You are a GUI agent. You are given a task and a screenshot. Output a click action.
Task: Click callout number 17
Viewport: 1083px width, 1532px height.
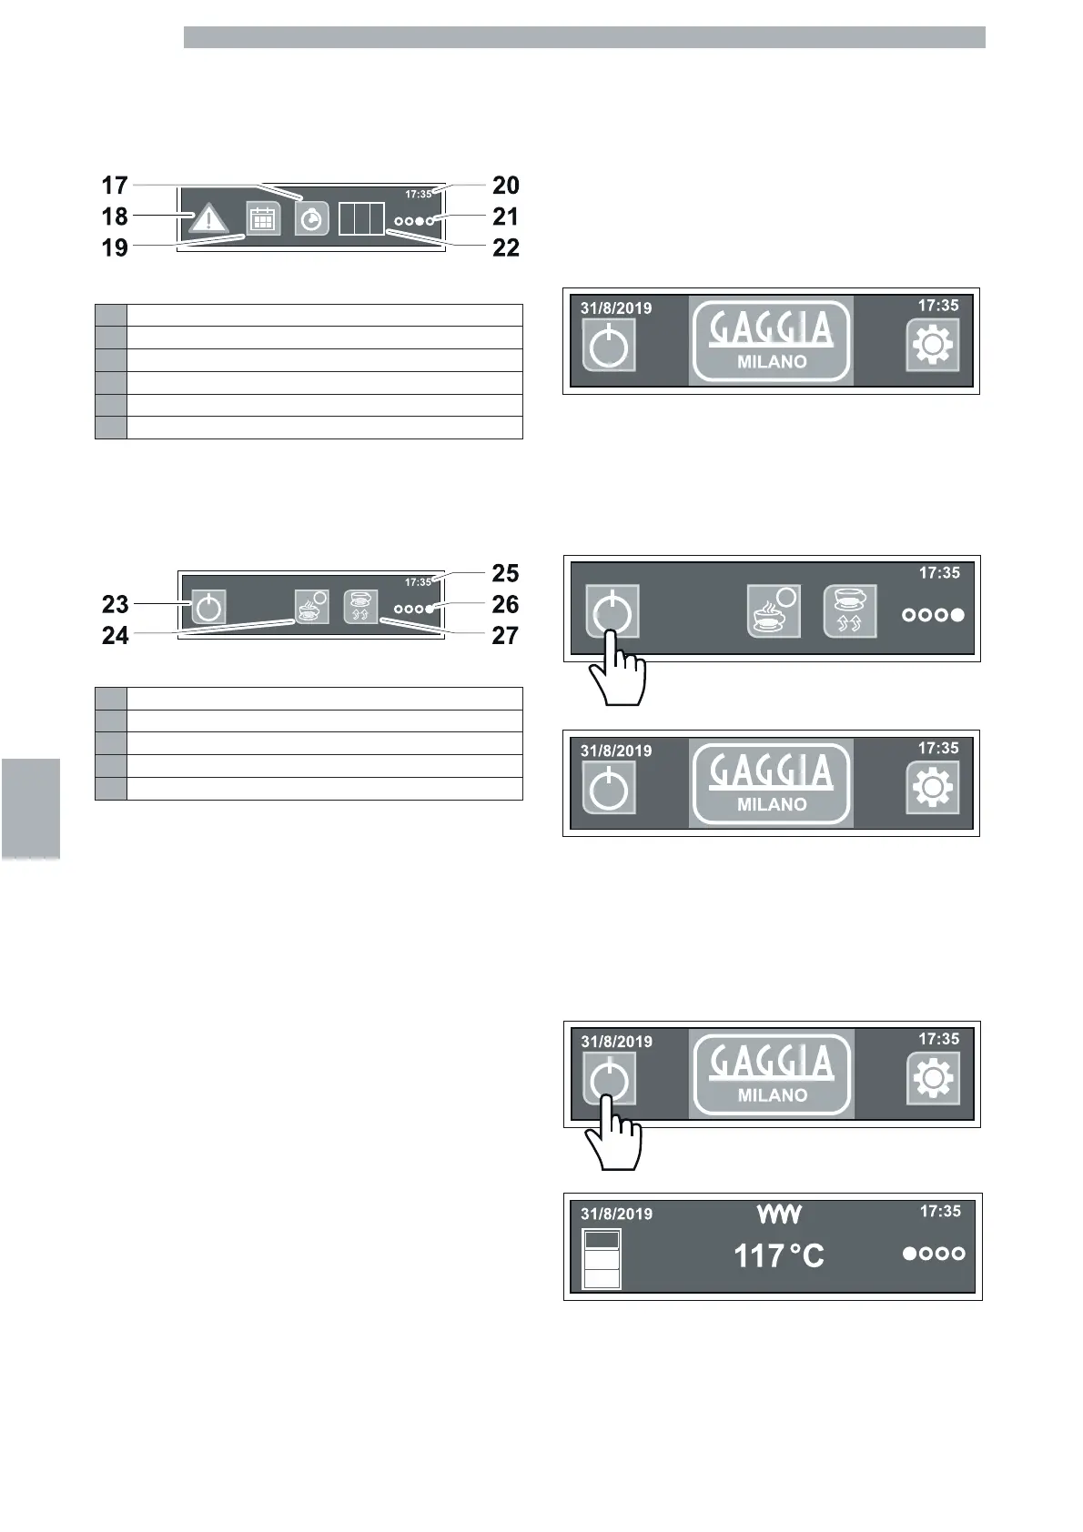click(x=115, y=186)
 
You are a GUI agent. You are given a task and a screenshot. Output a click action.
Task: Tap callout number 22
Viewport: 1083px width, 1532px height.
click(x=505, y=247)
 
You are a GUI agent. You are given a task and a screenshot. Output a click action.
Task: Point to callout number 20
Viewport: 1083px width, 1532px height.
click(x=505, y=186)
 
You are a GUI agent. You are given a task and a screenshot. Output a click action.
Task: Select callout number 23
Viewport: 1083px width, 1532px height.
click(x=116, y=604)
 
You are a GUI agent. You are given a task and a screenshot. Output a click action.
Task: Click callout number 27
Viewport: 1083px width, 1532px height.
click(x=505, y=635)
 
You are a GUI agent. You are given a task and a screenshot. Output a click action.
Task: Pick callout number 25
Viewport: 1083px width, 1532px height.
click(x=505, y=573)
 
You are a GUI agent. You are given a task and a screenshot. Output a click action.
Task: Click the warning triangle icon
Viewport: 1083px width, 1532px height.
click(x=209, y=219)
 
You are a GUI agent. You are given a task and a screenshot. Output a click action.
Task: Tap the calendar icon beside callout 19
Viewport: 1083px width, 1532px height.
click(x=263, y=220)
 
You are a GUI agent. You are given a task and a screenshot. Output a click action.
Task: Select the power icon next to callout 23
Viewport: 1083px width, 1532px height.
click(x=208, y=607)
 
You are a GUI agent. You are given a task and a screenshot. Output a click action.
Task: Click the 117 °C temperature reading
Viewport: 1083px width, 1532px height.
click(x=778, y=1256)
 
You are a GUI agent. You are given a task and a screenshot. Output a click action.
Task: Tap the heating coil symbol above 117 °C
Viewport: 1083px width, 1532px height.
click(x=779, y=1214)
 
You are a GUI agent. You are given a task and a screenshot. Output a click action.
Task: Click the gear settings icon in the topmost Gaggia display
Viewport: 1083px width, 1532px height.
click(x=933, y=345)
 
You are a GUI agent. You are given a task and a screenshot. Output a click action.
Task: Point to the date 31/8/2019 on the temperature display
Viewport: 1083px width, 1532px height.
click(x=616, y=1214)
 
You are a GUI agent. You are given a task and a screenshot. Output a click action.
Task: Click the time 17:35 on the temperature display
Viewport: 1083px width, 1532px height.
click(x=940, y=1211)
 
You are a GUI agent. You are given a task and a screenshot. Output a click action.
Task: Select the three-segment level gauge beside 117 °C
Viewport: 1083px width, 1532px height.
click(x=602, y=1258)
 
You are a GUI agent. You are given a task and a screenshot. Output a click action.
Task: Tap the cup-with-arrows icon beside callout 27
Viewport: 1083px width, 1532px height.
click(x=360, y=606)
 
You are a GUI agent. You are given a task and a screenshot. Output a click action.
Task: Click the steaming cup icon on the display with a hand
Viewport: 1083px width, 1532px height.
click(x=774, y=611)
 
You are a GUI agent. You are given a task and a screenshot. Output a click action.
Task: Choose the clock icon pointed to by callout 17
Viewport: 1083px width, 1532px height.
click(x=311, y=220)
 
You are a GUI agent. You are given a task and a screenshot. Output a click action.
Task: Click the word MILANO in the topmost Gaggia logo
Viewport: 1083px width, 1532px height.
click(x=772, y=361)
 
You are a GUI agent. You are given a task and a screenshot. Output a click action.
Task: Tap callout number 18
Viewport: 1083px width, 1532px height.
click(x=115, y=217)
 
